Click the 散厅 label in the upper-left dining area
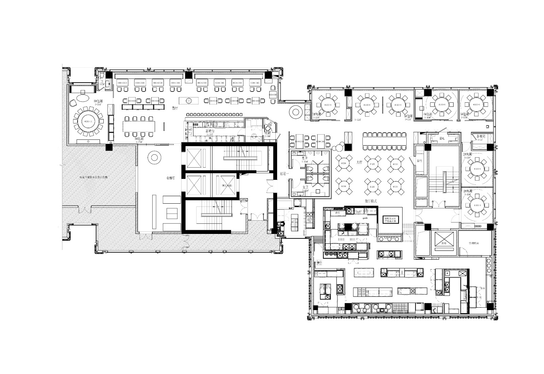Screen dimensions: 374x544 coord(175,108)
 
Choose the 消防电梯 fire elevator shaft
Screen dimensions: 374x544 coord(223,186)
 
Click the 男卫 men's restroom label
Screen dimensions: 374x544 coord(305,158)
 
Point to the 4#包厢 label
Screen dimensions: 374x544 coord(428,115)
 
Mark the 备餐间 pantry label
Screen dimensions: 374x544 coord(480,136)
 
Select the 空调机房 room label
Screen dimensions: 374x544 coord(474,243)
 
